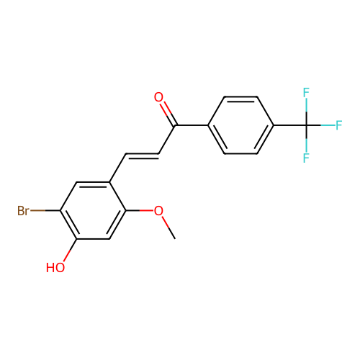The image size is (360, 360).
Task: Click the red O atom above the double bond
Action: point(158,97)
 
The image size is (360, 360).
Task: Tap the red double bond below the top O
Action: point(166,109)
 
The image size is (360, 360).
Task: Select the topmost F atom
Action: point(306,93)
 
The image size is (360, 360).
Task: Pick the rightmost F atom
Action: point(338,125)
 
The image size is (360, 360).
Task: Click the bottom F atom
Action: point(306,158)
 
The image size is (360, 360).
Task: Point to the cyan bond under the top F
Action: point(306,105)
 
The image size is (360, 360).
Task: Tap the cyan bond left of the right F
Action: point(327,125)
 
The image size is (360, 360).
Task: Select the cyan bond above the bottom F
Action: point(306,145)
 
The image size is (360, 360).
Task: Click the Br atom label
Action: point(24,211)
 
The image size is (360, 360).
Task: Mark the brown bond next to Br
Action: point(38,211)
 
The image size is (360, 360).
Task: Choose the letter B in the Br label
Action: point(21,211)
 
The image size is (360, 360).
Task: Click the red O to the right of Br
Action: point(158,211)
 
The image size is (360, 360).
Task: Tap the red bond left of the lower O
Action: point(145,210)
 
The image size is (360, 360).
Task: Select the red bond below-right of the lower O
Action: point(166,222)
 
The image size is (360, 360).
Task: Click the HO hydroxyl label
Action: point(55,268)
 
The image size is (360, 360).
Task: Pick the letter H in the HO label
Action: point(50,268)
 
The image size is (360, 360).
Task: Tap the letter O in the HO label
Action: point(60,268)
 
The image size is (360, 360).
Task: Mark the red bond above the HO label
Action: point(66,256)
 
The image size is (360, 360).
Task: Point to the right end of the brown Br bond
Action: point(45,211)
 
